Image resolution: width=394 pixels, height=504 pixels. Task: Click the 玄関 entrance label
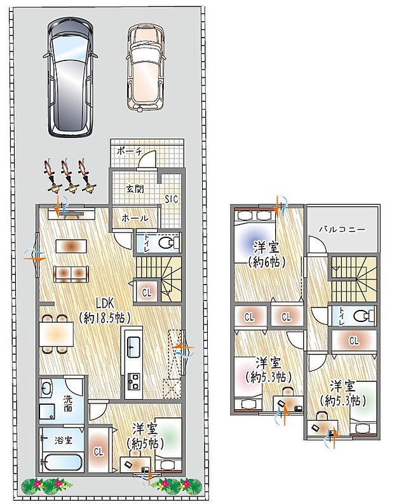[135, 188]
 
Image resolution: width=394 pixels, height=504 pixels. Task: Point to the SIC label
[172, 199]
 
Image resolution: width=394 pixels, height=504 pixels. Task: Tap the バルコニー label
[342, 228]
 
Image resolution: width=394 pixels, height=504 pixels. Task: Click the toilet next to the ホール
[167, 243]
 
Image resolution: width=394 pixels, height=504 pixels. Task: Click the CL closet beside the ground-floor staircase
[147, 292]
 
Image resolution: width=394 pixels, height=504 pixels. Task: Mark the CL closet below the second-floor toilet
[353, 340]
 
